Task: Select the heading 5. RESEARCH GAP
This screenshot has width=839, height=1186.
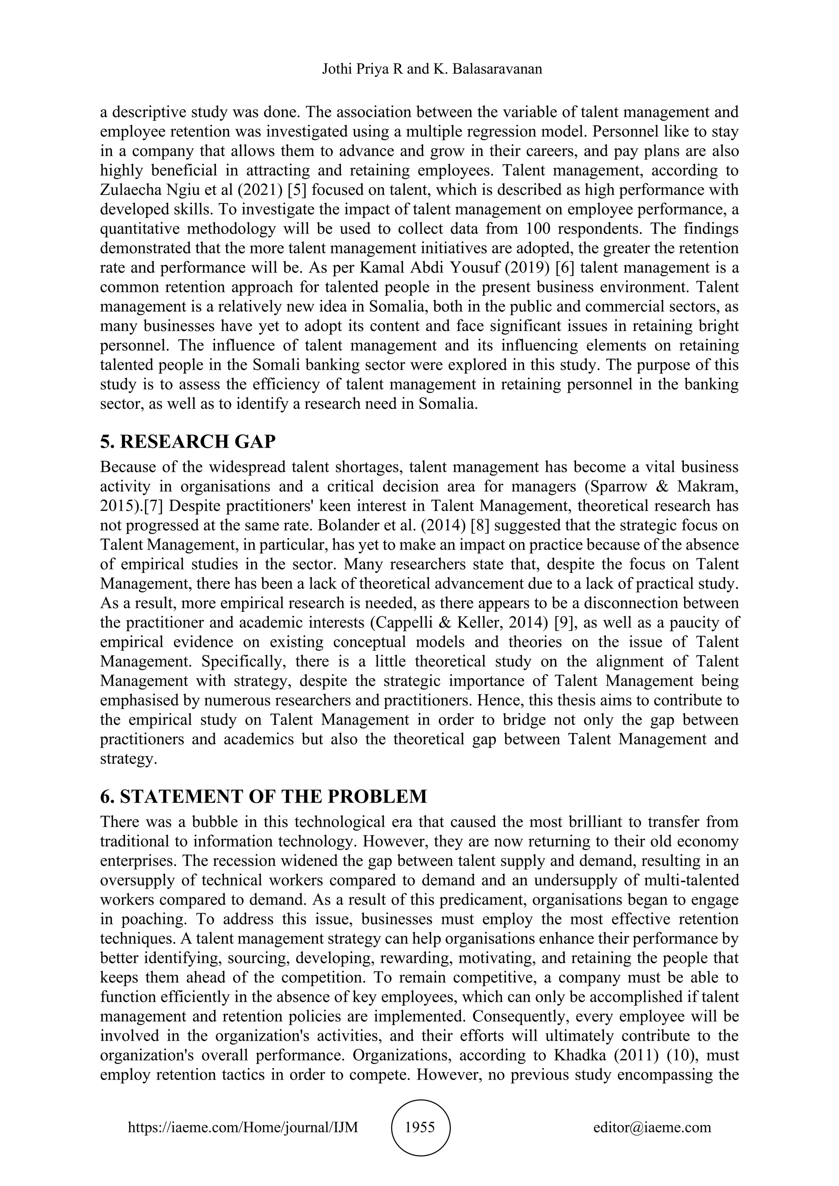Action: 188,441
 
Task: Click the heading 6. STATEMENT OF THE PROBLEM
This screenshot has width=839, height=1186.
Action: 263,797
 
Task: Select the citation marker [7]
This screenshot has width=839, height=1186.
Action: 154,506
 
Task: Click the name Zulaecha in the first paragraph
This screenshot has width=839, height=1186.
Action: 130,190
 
